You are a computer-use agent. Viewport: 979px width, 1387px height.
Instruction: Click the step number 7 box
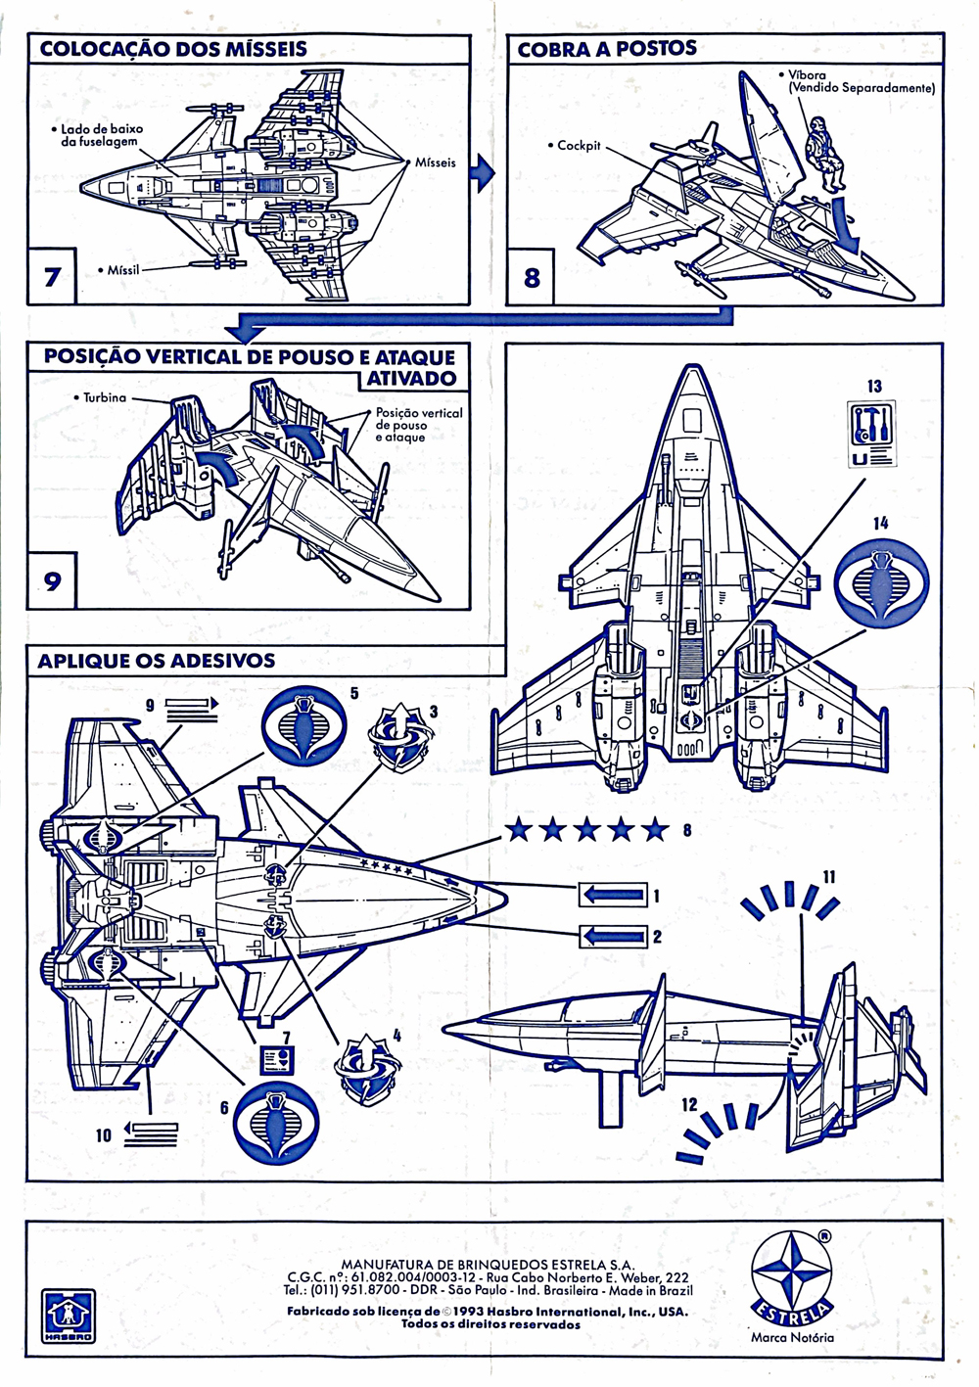(x=51, y=276)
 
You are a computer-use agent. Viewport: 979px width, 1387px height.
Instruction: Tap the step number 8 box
(x=531, y=277)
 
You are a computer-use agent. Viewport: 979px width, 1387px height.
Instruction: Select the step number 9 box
(x=51, y=580)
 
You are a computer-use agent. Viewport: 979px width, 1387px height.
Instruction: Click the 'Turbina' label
(x=105, y=397)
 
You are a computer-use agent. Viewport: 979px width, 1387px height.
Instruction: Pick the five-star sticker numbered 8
(x=587, y=831)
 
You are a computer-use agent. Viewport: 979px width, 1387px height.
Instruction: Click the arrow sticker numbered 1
(x=613, y=896)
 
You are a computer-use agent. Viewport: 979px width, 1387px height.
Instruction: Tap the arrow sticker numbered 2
(x=613, y=936)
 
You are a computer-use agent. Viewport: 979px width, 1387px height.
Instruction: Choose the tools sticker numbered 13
(x=870, y=434)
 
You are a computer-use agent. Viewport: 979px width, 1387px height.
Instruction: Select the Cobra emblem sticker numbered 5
(x=303, y=725)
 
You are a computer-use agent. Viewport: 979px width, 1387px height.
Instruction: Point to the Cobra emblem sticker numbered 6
(x=275, y=1123)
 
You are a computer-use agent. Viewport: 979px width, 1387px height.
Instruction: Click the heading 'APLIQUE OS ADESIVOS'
(x=156, y=661)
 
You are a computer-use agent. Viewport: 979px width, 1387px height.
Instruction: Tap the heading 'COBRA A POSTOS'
(x=607, y=49)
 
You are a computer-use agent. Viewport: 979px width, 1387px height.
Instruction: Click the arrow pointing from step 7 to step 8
(x=482, y=174)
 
